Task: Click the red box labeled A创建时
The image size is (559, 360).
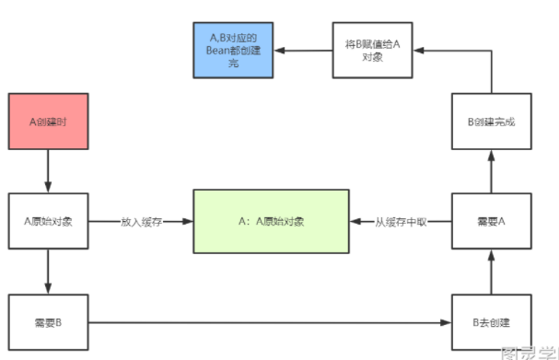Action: (48, 121)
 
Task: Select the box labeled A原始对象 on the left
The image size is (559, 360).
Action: (48, 222)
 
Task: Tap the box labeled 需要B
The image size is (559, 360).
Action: (48, 322)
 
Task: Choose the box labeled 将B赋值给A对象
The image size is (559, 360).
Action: (372, 50)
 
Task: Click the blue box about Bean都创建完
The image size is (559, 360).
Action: (234, 50)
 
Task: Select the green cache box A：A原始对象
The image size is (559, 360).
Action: (271, 222)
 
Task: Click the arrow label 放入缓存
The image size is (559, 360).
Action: (141, 222)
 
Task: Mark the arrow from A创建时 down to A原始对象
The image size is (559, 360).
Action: (48, 170)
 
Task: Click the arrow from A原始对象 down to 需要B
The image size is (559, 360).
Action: (48, 272)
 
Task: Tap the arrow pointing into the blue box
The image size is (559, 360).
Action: (304, 50)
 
